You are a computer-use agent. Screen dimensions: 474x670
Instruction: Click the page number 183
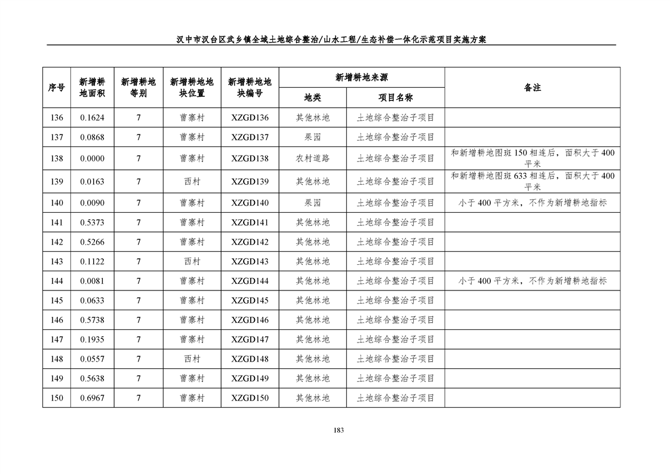339,430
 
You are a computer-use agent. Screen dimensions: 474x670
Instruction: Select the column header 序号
57,88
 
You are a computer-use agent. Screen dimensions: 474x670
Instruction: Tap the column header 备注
532,88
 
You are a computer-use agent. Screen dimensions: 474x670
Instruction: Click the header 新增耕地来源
362,78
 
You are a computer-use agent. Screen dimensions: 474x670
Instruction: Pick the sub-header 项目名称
395,97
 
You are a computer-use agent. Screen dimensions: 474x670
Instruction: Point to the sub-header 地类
312,97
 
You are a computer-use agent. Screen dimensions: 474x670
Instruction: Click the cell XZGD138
250,158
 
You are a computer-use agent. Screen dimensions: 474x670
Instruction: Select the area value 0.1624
92,118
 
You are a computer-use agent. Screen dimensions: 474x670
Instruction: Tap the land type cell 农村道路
312,158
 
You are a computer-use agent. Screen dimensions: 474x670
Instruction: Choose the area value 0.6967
92,398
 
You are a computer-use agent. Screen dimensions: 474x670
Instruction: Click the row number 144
57,281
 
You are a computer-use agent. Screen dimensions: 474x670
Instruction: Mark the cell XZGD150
250,398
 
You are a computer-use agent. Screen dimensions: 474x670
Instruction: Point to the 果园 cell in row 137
312,137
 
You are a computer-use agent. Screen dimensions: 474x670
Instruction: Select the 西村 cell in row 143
192,261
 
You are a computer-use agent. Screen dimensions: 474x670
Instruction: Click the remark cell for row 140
532,203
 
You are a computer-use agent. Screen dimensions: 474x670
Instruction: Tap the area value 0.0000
92,158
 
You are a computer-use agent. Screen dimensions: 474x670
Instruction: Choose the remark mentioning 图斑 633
532,181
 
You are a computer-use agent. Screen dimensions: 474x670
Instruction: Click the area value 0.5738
92,320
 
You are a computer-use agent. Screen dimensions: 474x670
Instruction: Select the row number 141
57,222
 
